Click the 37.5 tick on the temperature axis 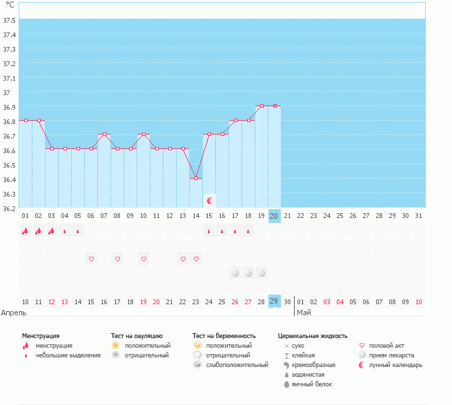[x=10, y=19]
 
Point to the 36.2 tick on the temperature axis [x=10, y=208]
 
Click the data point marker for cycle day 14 [x=196, y=178]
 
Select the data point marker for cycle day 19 [x=262, y=106]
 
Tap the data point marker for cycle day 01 [x=26, y=120]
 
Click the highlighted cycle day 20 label [x=274, y=215]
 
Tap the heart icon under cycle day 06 [x=91, y=259]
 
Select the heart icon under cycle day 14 [x=196, y=259]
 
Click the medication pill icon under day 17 [x=235, y=273]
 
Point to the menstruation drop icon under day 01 [x=26, y=231]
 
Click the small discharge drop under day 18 [x=248, y=231]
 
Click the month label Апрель [x=14, y=313]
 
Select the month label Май [x=304, y=313]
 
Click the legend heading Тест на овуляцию [x=137, y=335]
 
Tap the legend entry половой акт [x=390, y=345]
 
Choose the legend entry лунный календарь [x=395, y=364]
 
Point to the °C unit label [x=10, y=5]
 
